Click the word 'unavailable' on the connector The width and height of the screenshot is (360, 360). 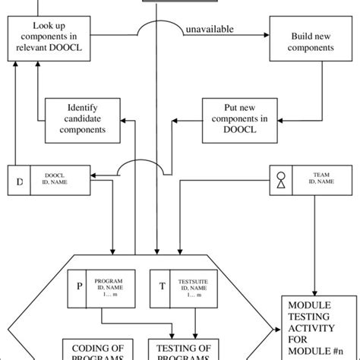(x=209, y=30)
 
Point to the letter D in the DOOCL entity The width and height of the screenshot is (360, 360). (x=19, y=182)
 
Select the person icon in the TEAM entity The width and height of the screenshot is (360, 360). (x=281, y=182)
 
